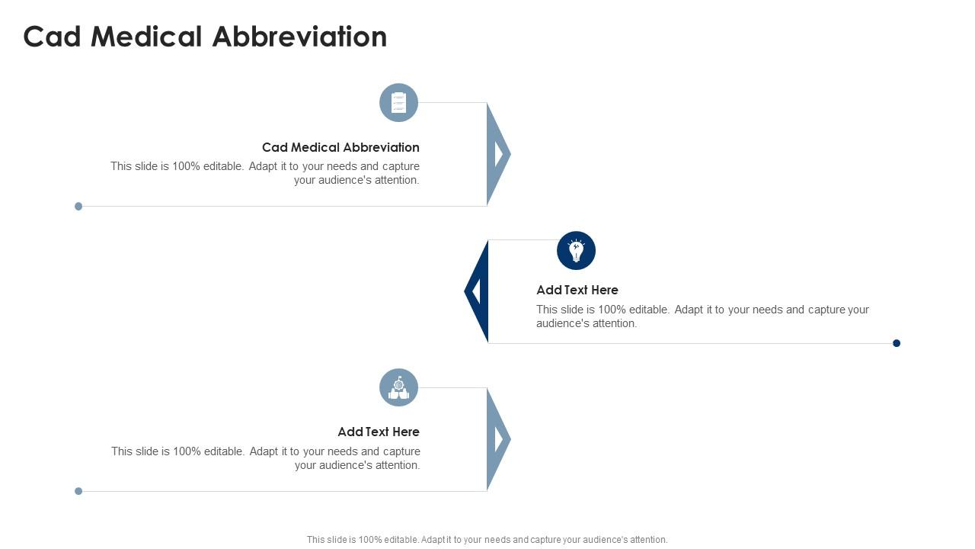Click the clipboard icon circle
point(398,103)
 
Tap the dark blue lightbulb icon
point(577,251)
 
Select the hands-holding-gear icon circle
point(398,388)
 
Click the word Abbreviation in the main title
point(299,37)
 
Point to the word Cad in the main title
point(53,37)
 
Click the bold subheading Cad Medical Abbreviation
point(340,147)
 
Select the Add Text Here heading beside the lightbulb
point(577,290)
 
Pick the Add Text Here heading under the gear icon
point(379,432)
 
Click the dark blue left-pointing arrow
point(477,291)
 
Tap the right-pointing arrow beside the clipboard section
point(498,154)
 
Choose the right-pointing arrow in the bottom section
point(498,439)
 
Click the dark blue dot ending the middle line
point(897,343)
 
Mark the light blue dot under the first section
point(78,206)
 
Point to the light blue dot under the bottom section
point(78,491)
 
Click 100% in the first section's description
point(187,166)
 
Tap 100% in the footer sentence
point(370,540)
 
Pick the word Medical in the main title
point(146,37)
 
